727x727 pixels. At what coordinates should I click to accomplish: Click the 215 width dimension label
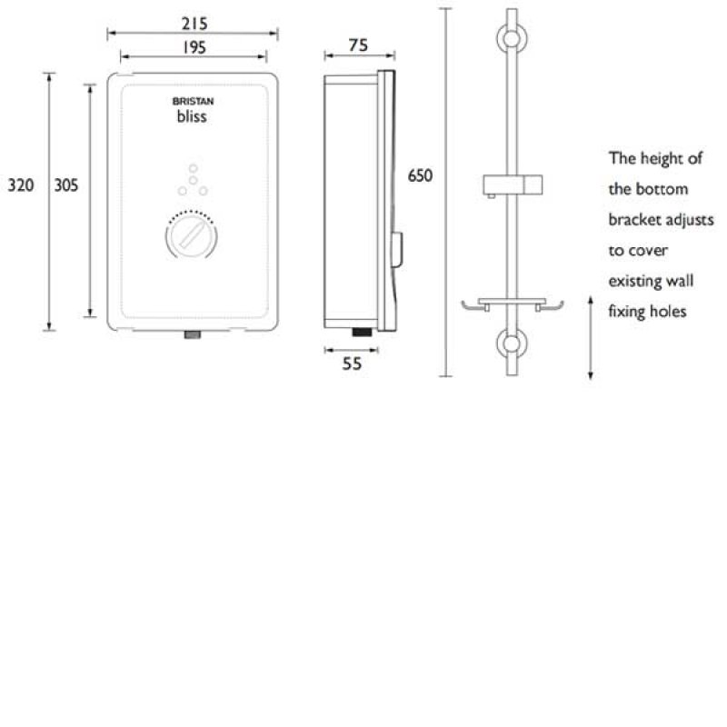[x=192, y=22]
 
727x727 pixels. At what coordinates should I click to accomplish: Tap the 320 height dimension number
[x=20, y=185]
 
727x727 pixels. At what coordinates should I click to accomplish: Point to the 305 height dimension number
[x=66, y=185]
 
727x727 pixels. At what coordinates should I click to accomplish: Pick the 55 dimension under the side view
[x=352, y=363]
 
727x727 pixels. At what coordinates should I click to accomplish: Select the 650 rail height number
[x=420, y=175]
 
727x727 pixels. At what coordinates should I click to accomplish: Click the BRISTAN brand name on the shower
[x=192, y=103]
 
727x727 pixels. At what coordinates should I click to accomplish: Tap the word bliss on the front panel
[x=192, y=116]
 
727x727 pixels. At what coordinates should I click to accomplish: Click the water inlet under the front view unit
[x=193, y=334]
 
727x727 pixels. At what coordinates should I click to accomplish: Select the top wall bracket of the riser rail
[x=512, y=39]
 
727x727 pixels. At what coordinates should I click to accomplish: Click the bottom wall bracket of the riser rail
[x=512, y=345]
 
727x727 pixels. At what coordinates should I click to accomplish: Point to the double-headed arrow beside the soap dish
[x=592, y=337]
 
